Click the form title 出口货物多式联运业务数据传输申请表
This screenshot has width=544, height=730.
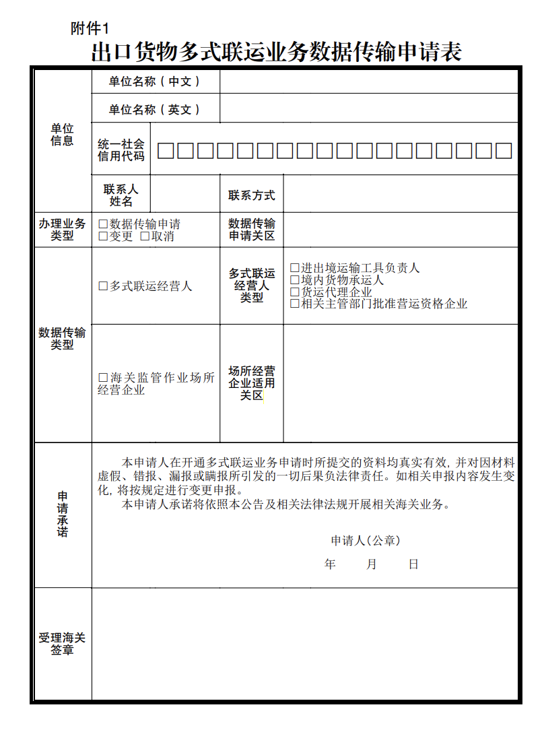point(276,52)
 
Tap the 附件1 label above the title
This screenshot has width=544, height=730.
point(89,28)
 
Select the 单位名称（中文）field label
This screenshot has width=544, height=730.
point(155,81)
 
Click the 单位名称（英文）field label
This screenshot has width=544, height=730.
point(155,110)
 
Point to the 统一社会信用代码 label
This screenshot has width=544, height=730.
point(121,150)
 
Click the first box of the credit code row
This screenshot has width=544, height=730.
point(166,151)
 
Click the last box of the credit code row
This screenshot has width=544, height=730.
point(504,151)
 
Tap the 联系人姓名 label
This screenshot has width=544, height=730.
point(121,195)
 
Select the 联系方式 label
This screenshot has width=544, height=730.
point(252,195)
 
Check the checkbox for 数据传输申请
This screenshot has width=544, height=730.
point(103,224)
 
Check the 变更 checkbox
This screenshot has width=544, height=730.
point(103,236)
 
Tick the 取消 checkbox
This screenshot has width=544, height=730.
point(145,236)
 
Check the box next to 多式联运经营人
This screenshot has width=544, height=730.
point(103,286)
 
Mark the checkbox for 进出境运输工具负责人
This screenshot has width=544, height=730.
point(295,268)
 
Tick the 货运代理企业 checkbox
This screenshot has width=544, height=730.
point(295,292)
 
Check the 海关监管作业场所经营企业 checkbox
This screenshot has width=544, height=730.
point(103,378)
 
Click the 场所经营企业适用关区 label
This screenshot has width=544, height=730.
point(252,383)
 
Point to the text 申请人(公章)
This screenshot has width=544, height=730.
point(366,541)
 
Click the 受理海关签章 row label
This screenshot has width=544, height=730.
point(62,644)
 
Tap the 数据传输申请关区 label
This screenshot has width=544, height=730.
point(252,230)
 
